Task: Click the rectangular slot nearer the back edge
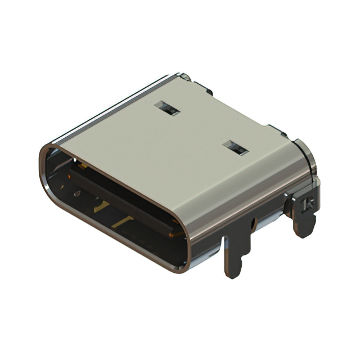167,109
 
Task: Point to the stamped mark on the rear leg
308,204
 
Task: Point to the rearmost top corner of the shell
184,75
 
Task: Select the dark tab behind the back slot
206,90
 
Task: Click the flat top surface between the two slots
200,129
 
